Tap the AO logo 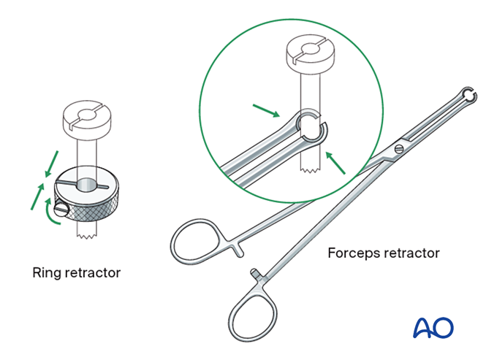[x=433, y=327]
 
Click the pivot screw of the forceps [x=399, y=149]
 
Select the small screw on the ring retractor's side [x=61, y=210]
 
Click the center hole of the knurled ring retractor [x=86, y=185]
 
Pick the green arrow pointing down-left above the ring [x=51, y=164]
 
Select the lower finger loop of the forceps [x=253, y=317]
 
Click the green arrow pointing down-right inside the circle [x=266, y=111]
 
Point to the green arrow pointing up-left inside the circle [x=335, y=163]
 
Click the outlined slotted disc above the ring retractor [x=87, y=120]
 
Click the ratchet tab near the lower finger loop [x=256, y=275]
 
